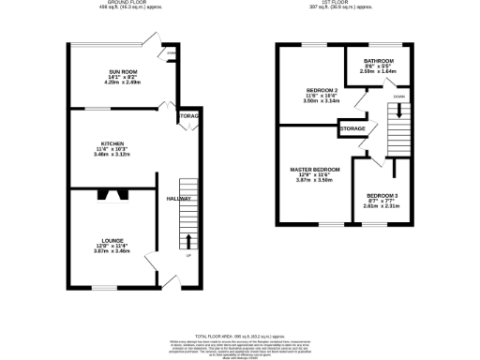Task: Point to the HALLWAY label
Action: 179,199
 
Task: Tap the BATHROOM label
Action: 378,60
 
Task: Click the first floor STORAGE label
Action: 352,127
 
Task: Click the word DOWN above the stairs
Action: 399,96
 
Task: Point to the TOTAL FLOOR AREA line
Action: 240,335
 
